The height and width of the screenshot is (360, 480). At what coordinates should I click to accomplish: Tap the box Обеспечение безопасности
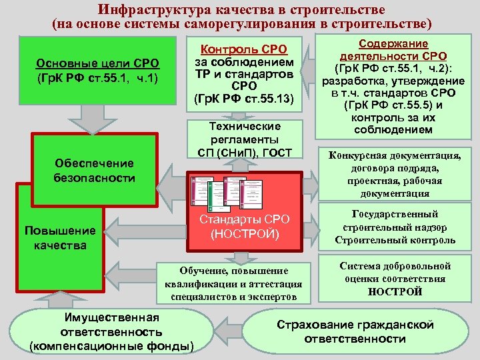point(94,171)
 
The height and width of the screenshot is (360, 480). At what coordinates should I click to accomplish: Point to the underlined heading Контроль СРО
point(243,48)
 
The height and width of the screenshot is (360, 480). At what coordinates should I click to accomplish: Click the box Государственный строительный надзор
point(395,227)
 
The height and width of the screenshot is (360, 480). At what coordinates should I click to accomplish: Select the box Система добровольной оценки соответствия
point(395,279)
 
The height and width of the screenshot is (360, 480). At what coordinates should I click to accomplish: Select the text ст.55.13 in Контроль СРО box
point(270,99)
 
